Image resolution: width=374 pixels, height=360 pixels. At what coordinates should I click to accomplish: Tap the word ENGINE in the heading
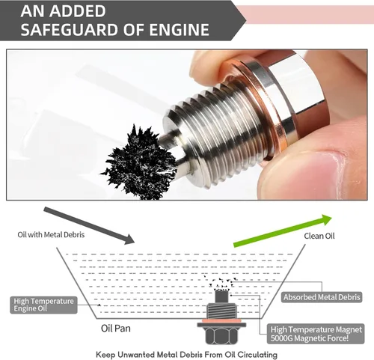pyautogui.click(x=179, y=29)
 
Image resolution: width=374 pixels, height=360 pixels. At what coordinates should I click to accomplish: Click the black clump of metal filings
pyautogui.click(x=140, y=162)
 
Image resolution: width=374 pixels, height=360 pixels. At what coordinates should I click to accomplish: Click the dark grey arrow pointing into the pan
pyautogui.click(x=89, y=225)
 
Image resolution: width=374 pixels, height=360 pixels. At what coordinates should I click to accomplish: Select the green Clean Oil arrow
pyautogui.click(x=283, y=231)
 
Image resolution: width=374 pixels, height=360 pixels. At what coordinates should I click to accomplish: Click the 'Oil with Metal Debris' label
pyautogui.click(x=51, y=235)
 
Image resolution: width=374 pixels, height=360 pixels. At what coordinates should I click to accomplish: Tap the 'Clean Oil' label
pyautogui.click(x=319, y=236)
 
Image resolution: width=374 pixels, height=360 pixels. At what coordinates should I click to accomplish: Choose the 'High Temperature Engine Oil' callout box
pyautogui.click(x=43, y=305)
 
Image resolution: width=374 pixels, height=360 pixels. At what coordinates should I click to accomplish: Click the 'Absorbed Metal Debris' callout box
pyautogui.click(x=322, y=297)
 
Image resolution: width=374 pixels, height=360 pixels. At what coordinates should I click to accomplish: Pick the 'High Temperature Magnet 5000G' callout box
pyautogui.click(x=316, y=334)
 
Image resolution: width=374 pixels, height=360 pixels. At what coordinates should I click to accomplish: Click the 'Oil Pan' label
pyautogui.click(x=116, y=329)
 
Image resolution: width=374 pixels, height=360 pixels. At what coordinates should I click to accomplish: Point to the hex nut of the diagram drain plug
pyautogui.click(x=221, y=335)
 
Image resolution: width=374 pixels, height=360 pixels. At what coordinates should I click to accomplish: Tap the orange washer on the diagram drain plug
pyautogui.click(x=221, y=321)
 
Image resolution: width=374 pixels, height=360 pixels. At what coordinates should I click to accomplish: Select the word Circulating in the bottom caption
pyautogui.click(x=257, y=355)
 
